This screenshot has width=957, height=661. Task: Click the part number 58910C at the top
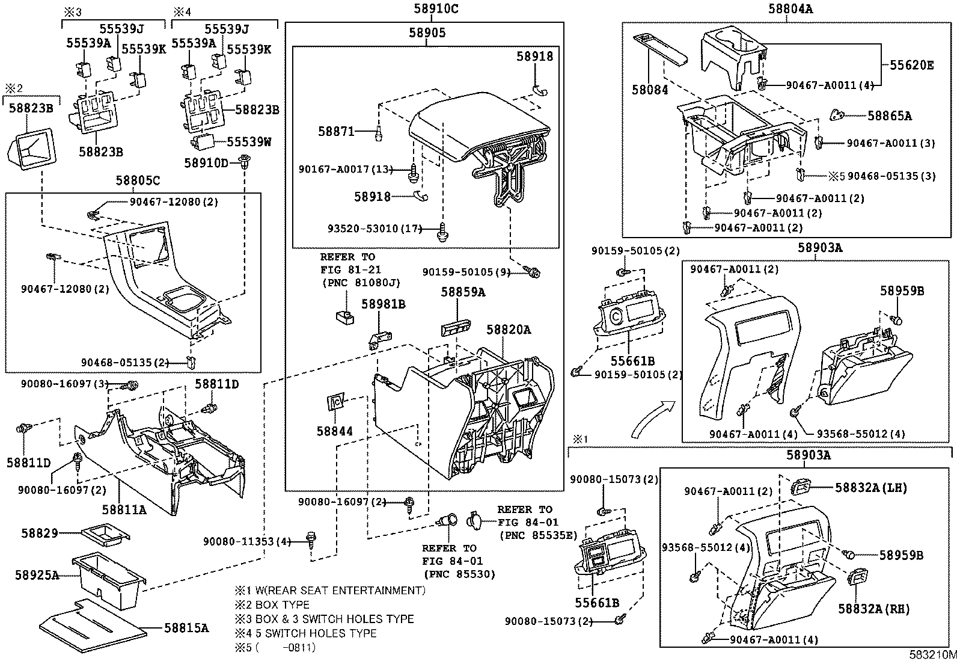(427, 9)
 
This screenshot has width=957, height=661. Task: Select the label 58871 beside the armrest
(336, 131)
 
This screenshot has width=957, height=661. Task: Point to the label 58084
(650, 90)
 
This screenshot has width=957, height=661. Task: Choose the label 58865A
(889, 116)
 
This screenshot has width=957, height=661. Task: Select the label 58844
(335, 431)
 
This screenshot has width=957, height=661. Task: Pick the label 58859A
(462, 292)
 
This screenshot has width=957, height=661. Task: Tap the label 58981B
(383, 304)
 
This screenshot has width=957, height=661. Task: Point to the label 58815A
(186, 628)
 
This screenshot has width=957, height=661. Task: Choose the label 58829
(40, 533)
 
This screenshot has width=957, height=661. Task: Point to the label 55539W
(248, 142)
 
